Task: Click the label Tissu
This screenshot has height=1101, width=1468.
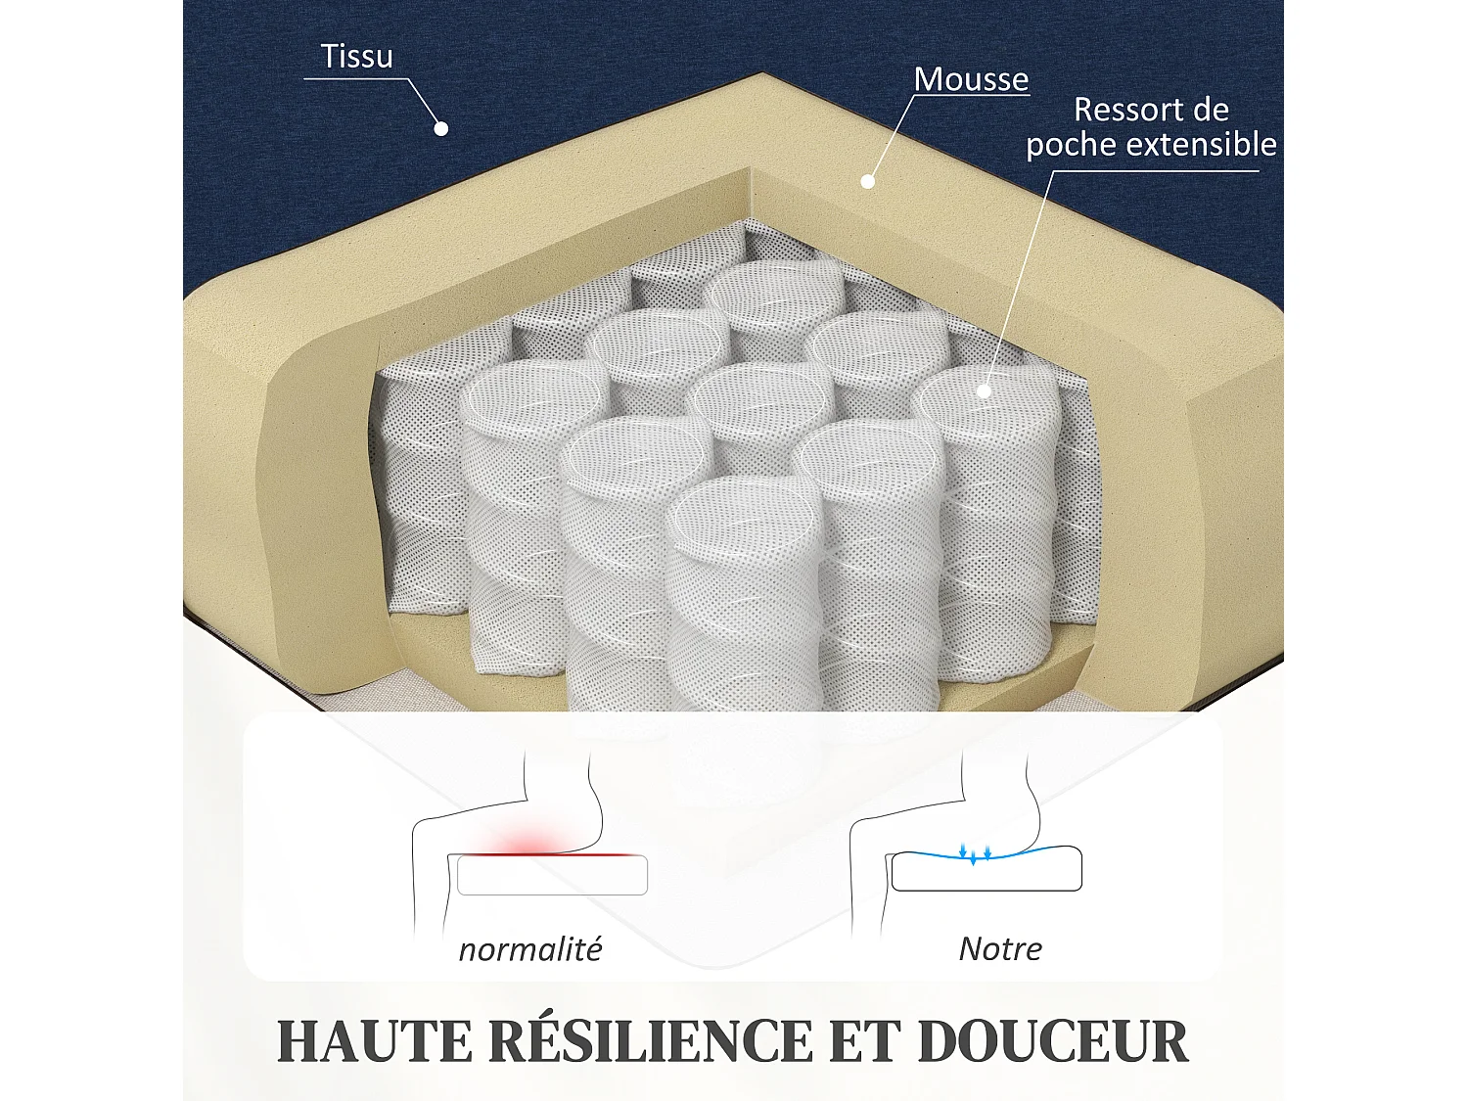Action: pyautogui.click(x=357, y=57)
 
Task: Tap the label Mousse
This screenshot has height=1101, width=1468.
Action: pyautogui.click(x=971, y=79)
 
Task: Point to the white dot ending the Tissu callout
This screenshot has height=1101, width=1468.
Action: pyautogui.click(x=441, y=128)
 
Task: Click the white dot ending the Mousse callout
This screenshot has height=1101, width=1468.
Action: pyautogui.click(x=867, y=181)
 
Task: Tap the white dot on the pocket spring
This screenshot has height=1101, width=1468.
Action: pyautogui.click(x=984, y=391)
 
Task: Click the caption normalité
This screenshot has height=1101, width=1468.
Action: pyautogui.click(x=530, y=949)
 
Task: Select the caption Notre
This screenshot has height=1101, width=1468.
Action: pyautogui.click(x=1000, y=948)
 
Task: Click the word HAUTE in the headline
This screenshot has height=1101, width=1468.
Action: pyautogui.click(x=374, y=1041)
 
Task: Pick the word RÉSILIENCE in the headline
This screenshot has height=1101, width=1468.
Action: pyautogui.click(x=651, y=1041)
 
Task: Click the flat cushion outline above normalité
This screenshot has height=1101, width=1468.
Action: pyautogui.click(x=552, y=876)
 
